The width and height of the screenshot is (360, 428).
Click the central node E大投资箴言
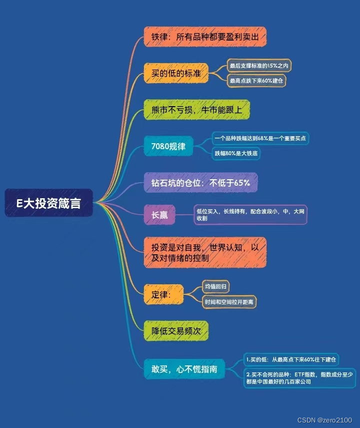pos(49,203)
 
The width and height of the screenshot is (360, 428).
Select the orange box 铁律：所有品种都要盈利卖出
pos(205,38)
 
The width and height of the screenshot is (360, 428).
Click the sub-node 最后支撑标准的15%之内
pos(259,66)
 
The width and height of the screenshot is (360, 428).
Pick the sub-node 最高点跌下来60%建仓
pos(257,81)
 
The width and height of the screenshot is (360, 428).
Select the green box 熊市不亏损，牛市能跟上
pos(196,110)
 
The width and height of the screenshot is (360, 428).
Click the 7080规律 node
pos(168,147)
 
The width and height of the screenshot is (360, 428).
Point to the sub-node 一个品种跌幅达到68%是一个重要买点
pos(259,138)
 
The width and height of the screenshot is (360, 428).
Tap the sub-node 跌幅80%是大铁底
pos(236,153)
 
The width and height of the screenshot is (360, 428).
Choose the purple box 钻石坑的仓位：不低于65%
pos(200,183)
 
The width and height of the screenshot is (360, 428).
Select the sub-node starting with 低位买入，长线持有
pos(250,215)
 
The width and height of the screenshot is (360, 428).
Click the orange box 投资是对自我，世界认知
pos(204,253)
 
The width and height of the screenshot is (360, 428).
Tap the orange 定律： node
pos(160,294)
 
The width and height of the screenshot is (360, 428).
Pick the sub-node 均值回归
pos(215,287)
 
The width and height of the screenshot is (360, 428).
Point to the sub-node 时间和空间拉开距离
pos(229,302)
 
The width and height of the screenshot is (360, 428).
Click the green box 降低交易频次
pos(175,331)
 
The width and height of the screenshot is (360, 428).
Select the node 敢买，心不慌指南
pos(184,369)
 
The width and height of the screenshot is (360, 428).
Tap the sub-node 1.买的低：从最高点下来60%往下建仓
pos(291,359)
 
